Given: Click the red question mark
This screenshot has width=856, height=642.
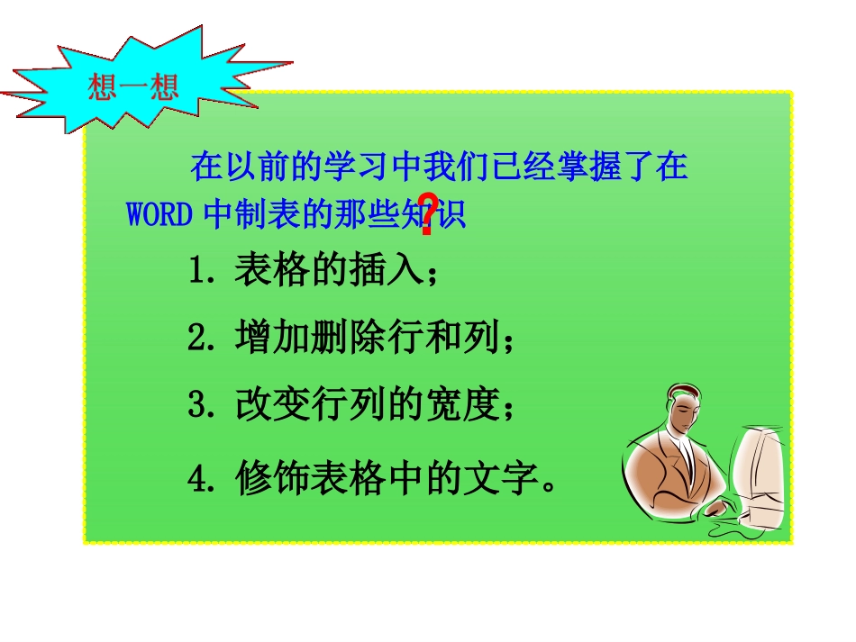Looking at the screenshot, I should click(429, 213).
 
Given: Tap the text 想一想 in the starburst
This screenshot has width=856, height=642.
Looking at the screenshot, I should click(133, 87).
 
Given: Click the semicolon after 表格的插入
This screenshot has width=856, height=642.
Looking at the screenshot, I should click(434, 274).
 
